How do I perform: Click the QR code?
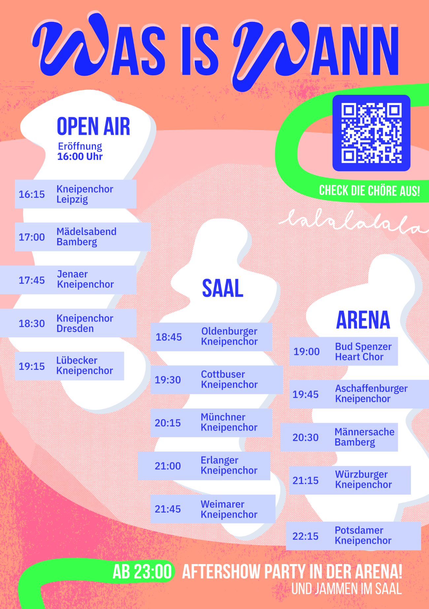pyautogui.click(x=371, y=133)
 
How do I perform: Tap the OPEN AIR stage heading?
pyautogui.click(x=93, y=126)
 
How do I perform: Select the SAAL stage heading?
pyautogui.click(x=223, y=288)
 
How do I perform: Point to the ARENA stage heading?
pyautogui.click(x=363, y=320)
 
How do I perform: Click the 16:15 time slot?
pyautogui.click(x=32, y=194)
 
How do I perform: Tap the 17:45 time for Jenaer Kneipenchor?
pyautogui.click(x=32, y=280)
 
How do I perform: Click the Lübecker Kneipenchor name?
pyautogui.click(x=84, y=365)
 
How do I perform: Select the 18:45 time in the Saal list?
pyautogui.click(x=169, y=337)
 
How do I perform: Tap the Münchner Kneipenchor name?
pyautogui.click(x=229, y=422)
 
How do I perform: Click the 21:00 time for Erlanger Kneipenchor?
pyautogui.click(x=168, y=466)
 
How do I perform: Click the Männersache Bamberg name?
pyautogui.click(x=365, y=437)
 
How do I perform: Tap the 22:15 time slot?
pyautogui.click(x=306, y=536)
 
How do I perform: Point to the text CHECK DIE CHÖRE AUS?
pyautogui.click(x=370, y=191)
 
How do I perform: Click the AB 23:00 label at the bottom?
pyautogui.click(x=142, y=572)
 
